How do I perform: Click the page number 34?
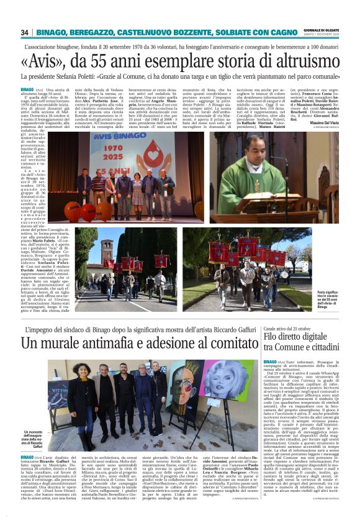point(25,32)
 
